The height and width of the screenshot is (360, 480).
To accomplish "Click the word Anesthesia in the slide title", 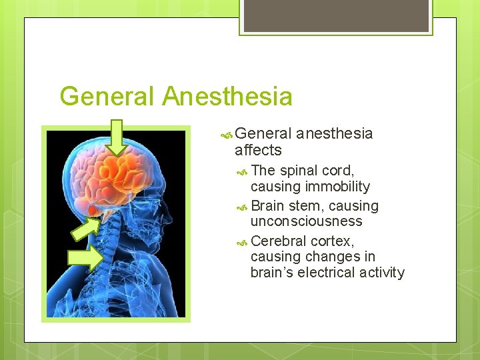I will [x=227, y=97].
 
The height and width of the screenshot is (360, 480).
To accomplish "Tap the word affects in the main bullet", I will [x=258, y=150].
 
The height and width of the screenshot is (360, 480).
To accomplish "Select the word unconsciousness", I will [x=306, y=221].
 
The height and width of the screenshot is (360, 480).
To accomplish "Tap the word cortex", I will [x=333, y=241].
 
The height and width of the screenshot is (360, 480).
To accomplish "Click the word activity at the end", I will [x=381, y=272].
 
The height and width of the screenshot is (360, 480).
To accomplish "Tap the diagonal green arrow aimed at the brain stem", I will [x=85, y=227].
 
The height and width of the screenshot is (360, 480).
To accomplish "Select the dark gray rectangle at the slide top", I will [x=335, y=15].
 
